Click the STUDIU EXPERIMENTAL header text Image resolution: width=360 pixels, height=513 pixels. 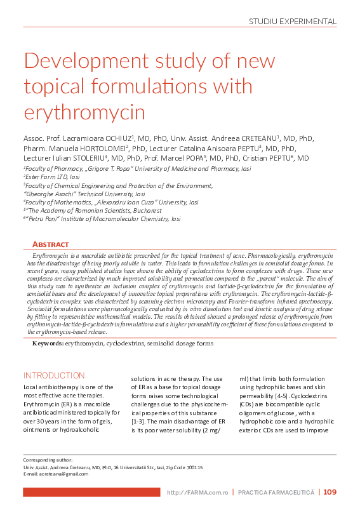tap(292, 21)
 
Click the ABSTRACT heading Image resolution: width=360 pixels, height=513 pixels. tap(50, 244)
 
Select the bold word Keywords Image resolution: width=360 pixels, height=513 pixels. tap(48, 343)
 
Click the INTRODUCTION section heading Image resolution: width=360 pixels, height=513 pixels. tap(53, 375)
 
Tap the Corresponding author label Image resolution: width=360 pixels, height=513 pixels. tap(48, 460)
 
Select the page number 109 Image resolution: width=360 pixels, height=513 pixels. tap(330, 492)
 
